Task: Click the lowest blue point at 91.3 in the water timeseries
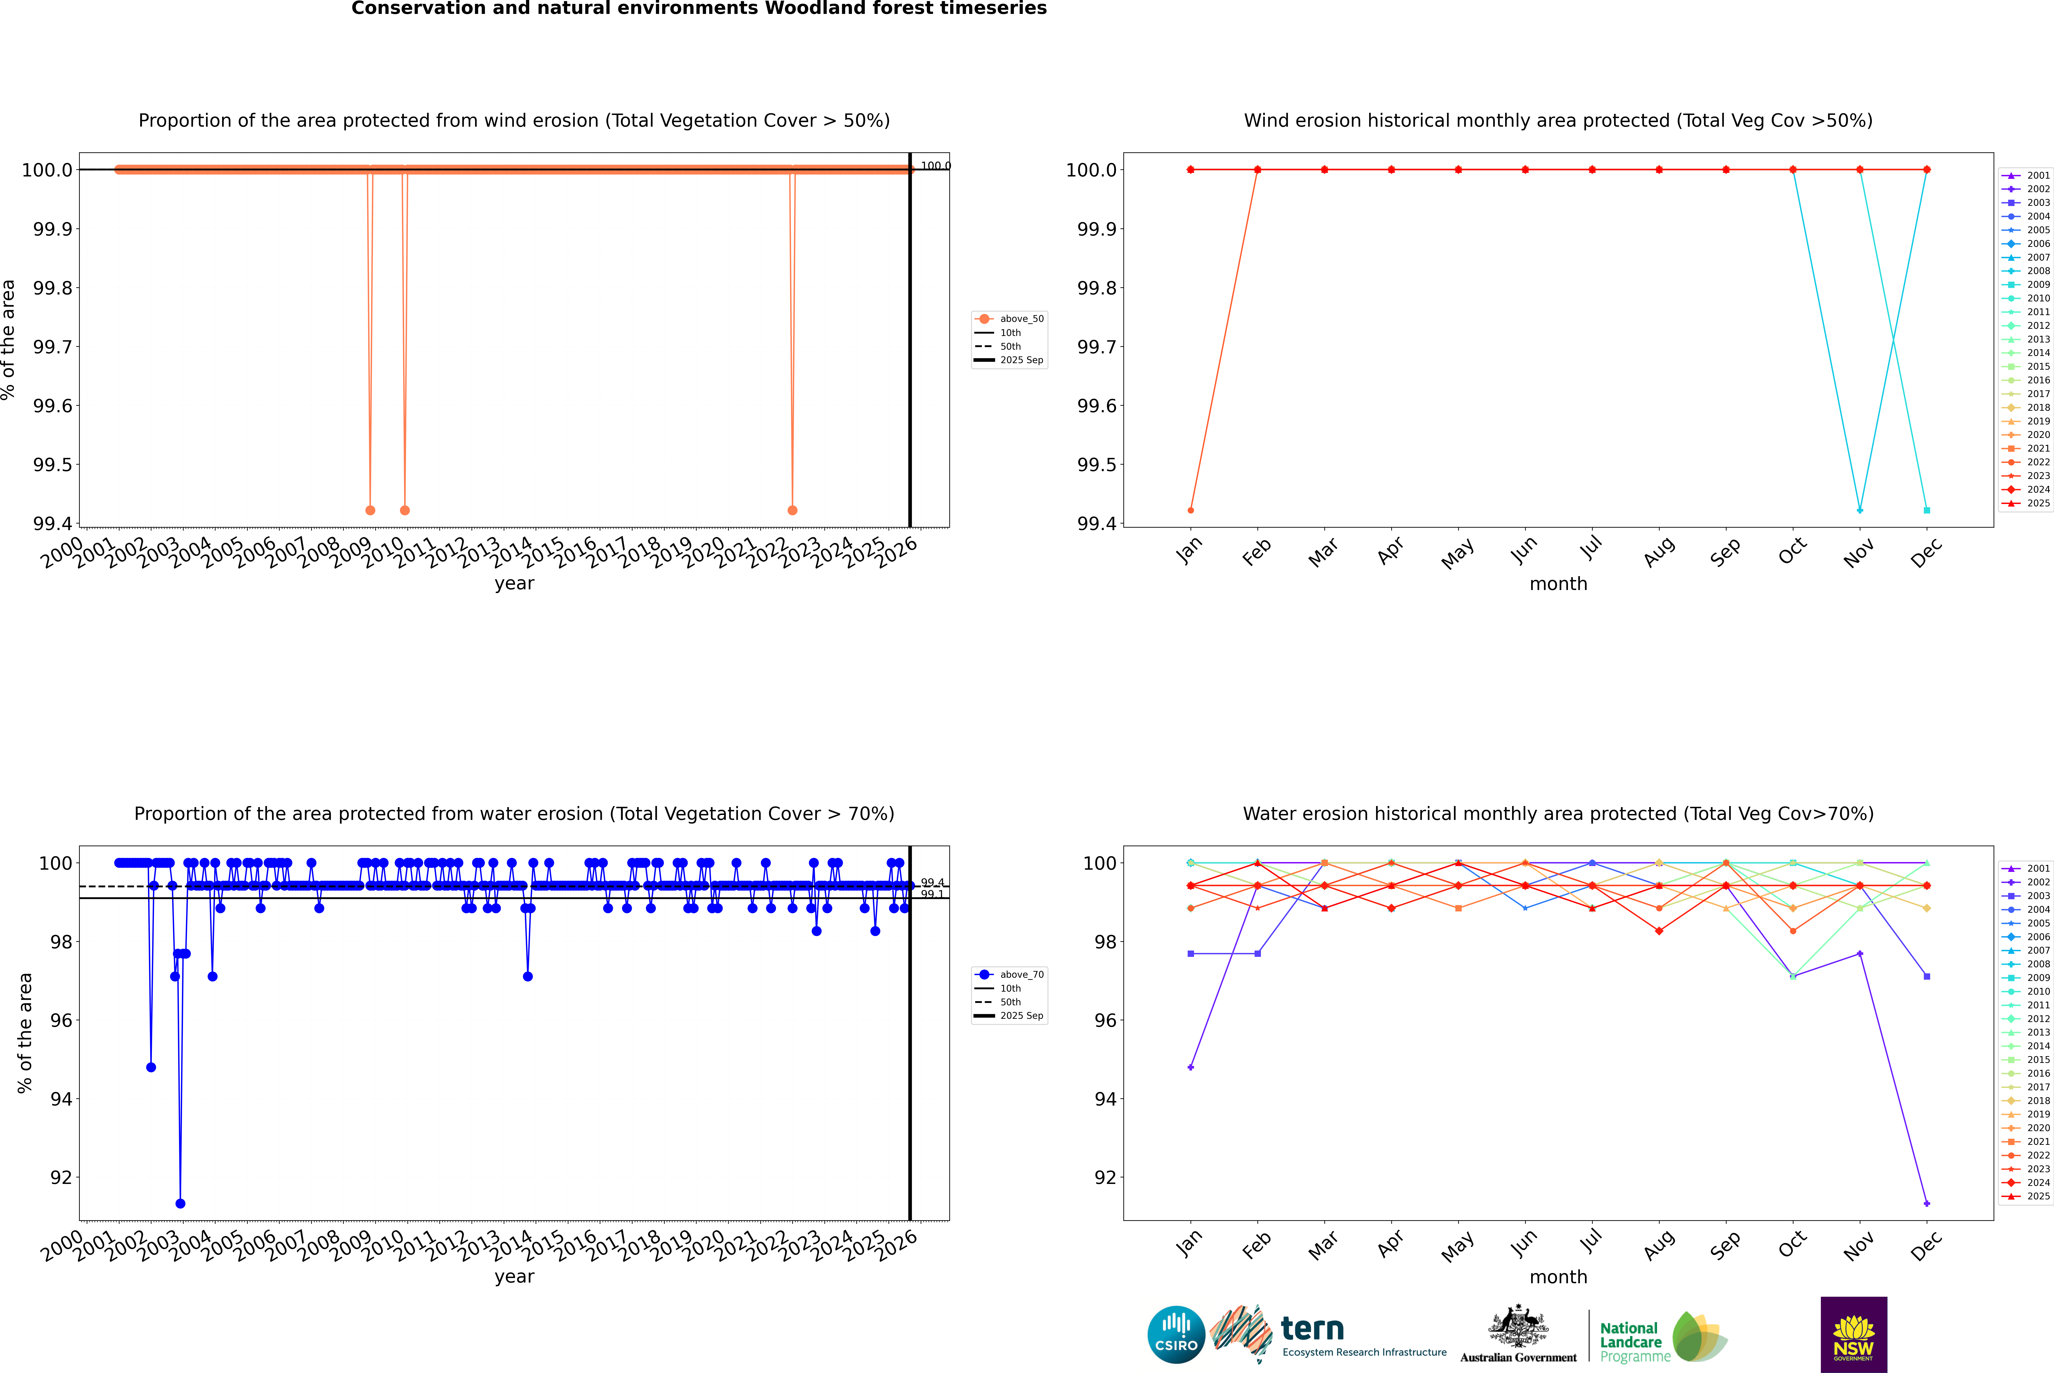(180, 1203)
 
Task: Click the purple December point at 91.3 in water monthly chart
(1926, 1203)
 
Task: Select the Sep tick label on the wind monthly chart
(1725, 553)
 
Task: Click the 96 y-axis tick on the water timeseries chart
(60, 1020)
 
